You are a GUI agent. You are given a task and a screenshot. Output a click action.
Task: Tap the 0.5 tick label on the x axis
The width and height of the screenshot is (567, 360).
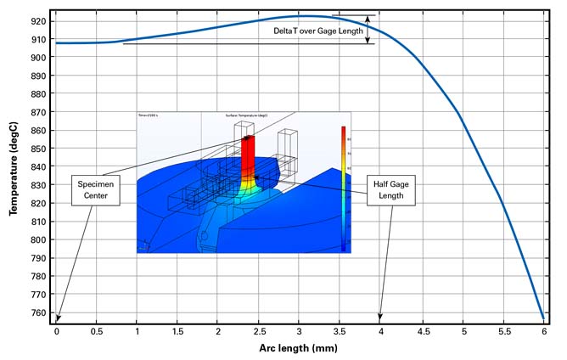pyautogui.click(x=97, y=332)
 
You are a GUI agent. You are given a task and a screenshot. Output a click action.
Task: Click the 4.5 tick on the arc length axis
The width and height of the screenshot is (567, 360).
pyautogui.click(x=422, y=332)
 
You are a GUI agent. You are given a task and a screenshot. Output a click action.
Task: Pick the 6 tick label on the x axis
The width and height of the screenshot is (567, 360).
pyautogui.click(x=544, y=332)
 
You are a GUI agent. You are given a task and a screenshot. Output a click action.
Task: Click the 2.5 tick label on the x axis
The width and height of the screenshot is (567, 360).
pyautogui.click(x=259, y=332)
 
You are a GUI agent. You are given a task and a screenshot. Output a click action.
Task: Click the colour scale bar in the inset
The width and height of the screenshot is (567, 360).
pyautogui.click(x=343, y=187)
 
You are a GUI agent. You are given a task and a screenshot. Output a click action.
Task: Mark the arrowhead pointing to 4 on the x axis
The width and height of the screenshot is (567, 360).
pyautogui.click(x=380, y=318)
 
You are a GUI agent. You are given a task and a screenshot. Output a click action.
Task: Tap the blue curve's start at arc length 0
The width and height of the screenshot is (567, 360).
pyautogui.click(x=56, y=42)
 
